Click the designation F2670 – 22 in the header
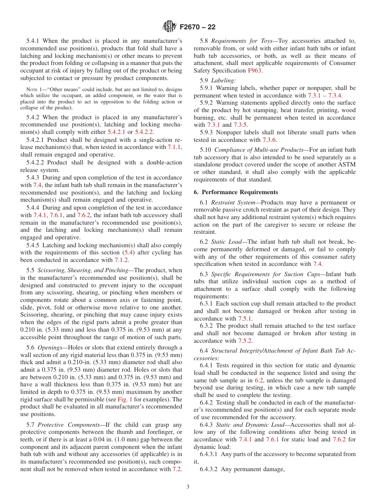pos(197,27)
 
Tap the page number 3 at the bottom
pos(188,487)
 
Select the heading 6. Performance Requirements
pos(236,192)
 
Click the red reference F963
pos(254,71)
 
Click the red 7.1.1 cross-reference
pos(174,147)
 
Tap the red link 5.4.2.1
pos(117,132)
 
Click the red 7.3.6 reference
pos(270,140)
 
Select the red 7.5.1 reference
pos(245,319)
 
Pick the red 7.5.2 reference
pos(245,341)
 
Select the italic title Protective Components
pos(66,424)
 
